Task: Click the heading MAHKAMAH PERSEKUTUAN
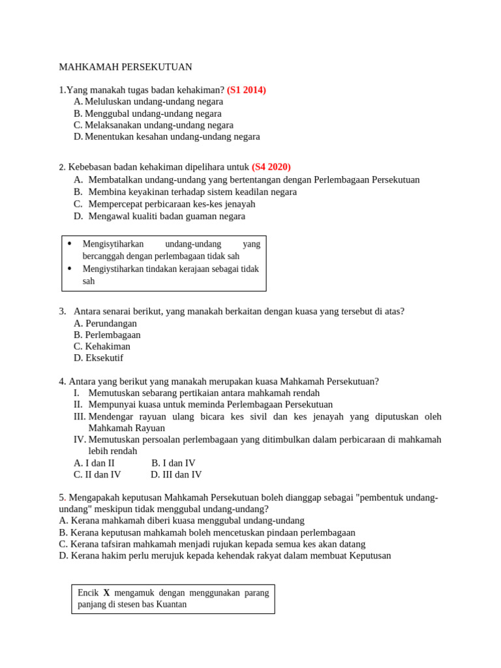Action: click(x=125, y=67)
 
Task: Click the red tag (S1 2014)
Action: click(x=246, y=90)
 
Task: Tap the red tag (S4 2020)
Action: click(x=271, y=167)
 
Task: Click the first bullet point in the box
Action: click(x=70, y=244)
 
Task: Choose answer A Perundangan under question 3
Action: click(x=105, y=324)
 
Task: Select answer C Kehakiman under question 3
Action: click(x=102, y=346)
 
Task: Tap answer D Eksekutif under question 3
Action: click(x=99, y=358)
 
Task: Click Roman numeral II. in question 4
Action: click(x=78, y=404)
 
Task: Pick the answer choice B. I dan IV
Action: click(x=173, y=463)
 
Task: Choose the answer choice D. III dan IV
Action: click(x=176, y=475)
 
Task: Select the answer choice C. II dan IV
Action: click(x=97, y=475)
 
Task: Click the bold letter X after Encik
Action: click(x=107, y=593)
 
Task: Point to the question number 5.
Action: click(x=61, y=498)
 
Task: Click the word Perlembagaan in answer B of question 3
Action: click(x=113, y=335)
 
